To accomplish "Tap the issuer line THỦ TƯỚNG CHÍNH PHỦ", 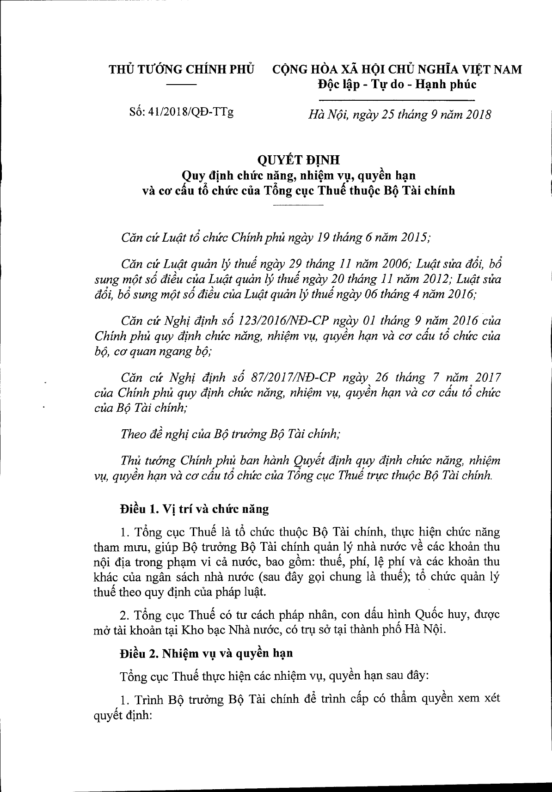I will click(182, 70).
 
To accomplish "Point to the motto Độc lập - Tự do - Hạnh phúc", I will click(397, 85).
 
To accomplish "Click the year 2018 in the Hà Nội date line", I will click(476, 115).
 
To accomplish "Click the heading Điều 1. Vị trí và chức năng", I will click(194, 509).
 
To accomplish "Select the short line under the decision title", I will click(299, 204).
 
